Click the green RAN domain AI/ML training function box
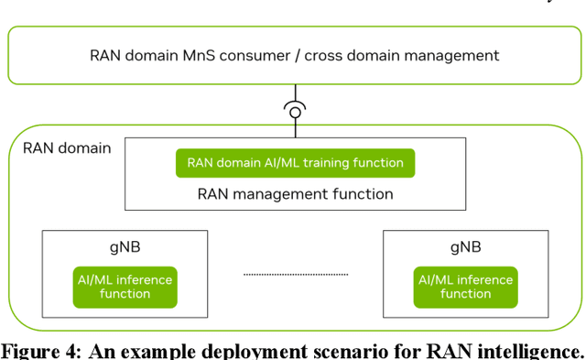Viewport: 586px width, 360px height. coord(295,163)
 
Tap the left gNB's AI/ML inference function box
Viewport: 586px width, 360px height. coord(125,287)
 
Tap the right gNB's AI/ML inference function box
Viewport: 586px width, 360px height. coord(465,287)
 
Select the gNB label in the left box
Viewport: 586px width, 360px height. coord(125,248)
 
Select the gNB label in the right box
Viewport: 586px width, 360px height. coord(465,248)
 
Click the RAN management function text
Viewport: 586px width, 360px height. coord(295,193)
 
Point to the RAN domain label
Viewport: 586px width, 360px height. coord(66,147)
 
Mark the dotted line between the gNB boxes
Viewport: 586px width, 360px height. coord(295,274)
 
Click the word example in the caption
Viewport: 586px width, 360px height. coord(143,351)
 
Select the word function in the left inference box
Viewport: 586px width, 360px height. coord(125,294)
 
